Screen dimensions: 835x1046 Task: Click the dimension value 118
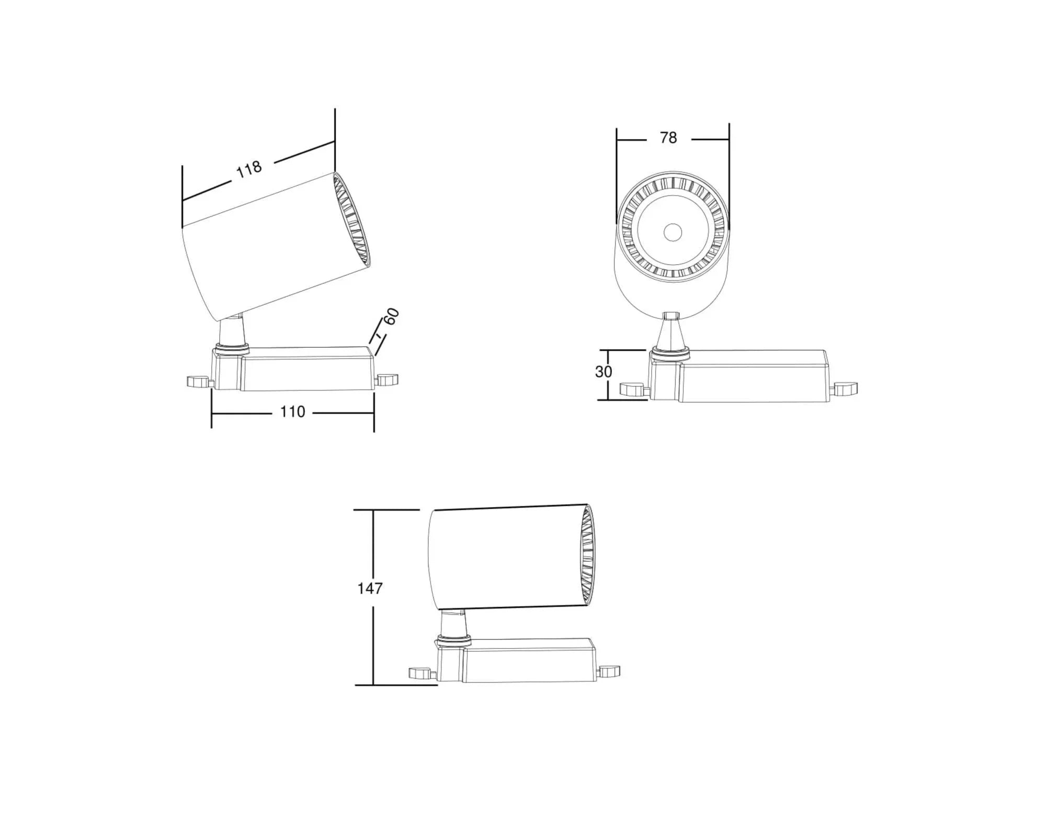(x=248, y=169)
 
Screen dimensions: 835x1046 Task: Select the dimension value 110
(x=292, y=412)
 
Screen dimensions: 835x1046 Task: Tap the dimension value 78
(x=668, y=138)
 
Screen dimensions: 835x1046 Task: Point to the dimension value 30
(x=603, y=372)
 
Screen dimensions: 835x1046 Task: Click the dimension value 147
(x=370, y=588)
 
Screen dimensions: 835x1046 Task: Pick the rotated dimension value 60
(x=391, y=317)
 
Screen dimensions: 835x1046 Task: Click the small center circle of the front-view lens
(x=673, y=232)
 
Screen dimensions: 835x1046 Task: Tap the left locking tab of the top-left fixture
(x=197, y=382)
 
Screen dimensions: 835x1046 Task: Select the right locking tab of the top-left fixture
(x=388, y=380)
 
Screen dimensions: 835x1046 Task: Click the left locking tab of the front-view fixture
(x=632, y=389)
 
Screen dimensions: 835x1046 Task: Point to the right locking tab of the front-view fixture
(x=845, y=388)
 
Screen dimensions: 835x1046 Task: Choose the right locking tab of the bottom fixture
(x=609, y=671)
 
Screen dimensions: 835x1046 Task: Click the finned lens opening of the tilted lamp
(x=352, y=220)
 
